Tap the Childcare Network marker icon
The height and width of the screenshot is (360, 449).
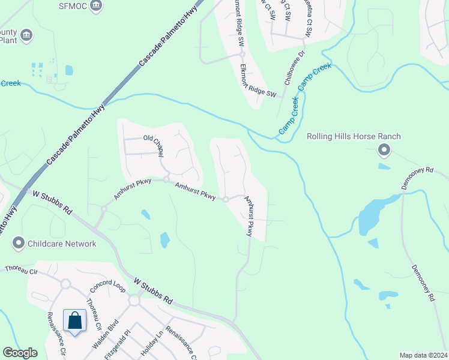click(x=19, y=244)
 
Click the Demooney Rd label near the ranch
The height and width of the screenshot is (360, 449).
click(x=419, y=172)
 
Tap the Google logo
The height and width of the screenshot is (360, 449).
click(x=20, y=353)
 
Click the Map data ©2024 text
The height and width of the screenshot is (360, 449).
click(x=423, y=355)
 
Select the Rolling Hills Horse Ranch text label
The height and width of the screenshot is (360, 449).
click(x=354, y=136)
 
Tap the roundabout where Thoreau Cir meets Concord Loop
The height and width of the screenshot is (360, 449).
click(x=65, y=283)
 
